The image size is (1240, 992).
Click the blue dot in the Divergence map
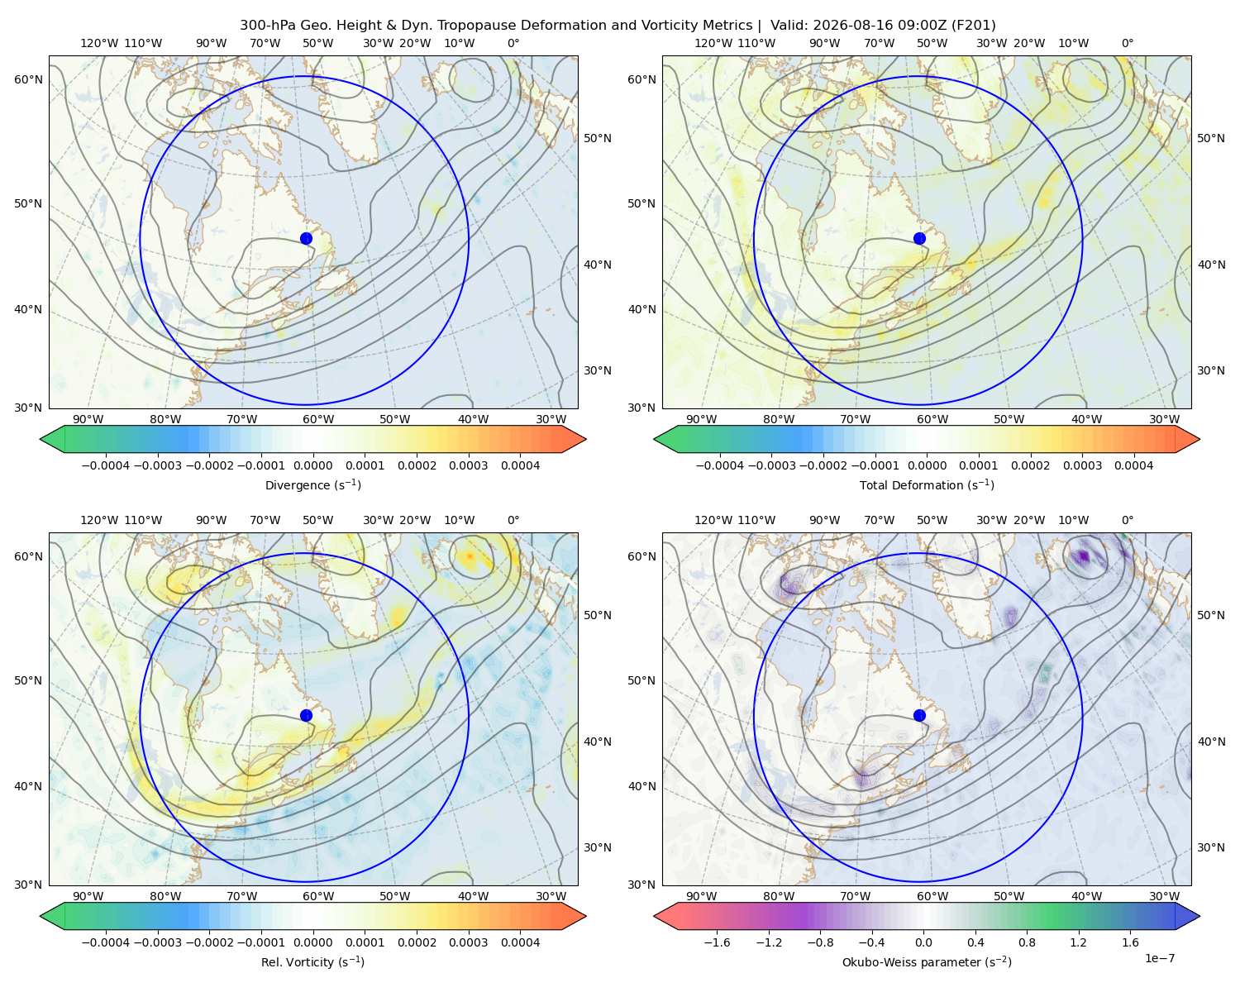point(306,239)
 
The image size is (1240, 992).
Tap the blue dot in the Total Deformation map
point(919,239)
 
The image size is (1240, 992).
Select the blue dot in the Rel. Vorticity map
point(306,715)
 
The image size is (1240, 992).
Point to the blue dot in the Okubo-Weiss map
point(919,715)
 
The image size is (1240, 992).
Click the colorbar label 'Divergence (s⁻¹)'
point(312,485)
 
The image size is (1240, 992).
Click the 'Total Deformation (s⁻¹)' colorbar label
point(927,485)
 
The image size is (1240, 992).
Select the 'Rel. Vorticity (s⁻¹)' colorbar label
point(312,962)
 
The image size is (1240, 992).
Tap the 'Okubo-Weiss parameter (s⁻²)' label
point(927,962)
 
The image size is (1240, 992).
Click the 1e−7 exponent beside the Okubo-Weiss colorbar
point(1159,958)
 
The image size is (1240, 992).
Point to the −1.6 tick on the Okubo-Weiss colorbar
point(717,942)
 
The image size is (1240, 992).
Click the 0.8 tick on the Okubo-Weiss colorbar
point(1027,942)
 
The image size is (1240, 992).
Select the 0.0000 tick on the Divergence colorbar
point(312,465)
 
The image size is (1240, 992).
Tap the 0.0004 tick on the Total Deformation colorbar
point(1134,465)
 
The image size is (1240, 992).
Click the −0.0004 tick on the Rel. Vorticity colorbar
point(106,942)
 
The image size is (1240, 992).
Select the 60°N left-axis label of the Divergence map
point(28,79)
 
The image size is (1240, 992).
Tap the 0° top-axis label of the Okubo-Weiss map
point(1128,520)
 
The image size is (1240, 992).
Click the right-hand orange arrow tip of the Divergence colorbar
point(585,439)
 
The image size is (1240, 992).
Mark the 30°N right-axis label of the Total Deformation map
point(1211,370)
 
